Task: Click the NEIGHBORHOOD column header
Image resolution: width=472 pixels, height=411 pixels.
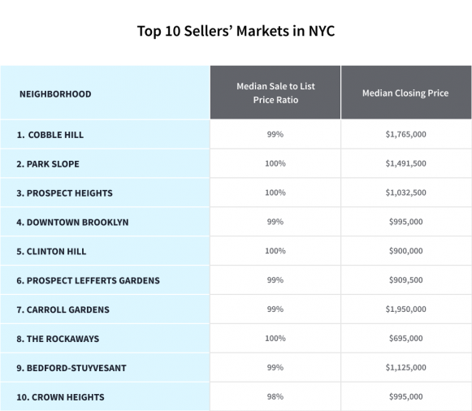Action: tap(55, 93)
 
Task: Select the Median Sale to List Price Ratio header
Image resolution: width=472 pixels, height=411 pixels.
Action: tap(275, 93)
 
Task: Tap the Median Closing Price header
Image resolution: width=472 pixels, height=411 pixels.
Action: tap(405, 93)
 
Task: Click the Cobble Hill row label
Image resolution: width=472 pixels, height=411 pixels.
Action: tap(50, 134)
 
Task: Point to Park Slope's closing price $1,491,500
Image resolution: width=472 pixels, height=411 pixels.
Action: tap(405, 163)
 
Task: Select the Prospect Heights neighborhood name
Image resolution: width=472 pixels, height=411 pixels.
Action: tap(64, 193)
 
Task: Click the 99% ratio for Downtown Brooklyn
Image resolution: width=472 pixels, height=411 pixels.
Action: tap(275, 222)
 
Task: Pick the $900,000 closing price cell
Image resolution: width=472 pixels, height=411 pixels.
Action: tap(405, 251)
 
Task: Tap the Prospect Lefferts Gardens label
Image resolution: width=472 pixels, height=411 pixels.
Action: tap(88, 280)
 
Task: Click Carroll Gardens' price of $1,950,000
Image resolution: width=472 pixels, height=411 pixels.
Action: tap(405, 309)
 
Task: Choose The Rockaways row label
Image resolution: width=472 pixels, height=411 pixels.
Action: tap(58, 339)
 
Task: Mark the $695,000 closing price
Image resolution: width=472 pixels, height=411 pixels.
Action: tap(405, 339)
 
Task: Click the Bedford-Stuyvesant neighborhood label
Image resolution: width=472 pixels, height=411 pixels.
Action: tap(71, 368)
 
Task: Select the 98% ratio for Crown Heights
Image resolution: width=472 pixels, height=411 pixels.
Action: tap(275, 397)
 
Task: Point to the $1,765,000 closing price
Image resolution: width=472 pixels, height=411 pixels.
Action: tap(405, 134)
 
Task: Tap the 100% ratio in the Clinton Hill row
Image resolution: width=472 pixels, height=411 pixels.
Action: tap(275, 251)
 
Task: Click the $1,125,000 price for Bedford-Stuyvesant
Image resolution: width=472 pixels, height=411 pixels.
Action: tap(405, 368)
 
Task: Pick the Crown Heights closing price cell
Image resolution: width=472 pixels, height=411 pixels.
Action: tap(405, 397)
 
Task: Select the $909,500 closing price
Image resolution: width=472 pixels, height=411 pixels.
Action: tap(405, 280)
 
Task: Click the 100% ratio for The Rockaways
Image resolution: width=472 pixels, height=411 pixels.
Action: tap(275, 339)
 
